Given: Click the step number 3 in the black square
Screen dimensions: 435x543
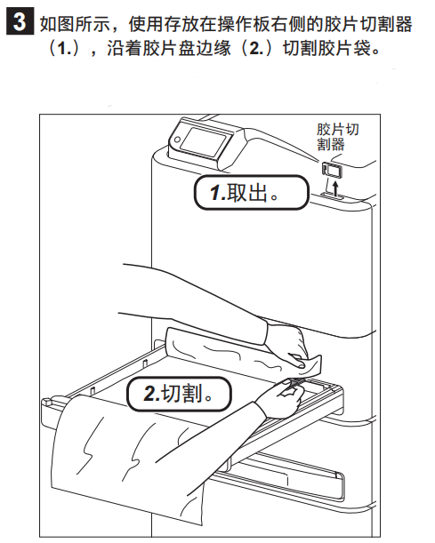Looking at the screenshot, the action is pos(20,21).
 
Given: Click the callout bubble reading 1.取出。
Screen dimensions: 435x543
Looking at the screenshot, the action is pos(251,192).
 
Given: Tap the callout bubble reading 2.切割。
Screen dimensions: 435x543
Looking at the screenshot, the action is pos(179,394).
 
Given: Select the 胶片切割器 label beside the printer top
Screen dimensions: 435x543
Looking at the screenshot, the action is pos(338,137).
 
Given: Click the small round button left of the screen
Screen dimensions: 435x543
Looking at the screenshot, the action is pos(177,140).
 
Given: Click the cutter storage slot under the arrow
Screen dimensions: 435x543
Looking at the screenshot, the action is pos(332,196).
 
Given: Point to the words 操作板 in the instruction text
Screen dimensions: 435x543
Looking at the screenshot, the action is pos(245,24).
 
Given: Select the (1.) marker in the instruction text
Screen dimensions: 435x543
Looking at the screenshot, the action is pos(65,48).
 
